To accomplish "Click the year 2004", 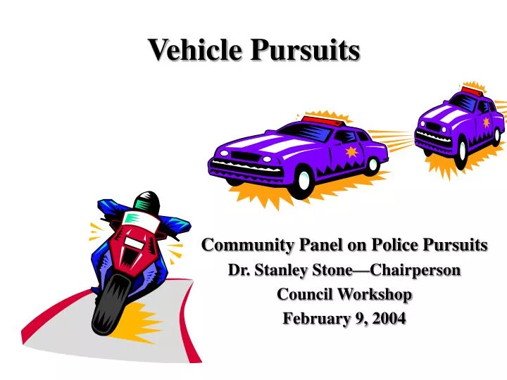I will pyautogui.click(x=390, y=318).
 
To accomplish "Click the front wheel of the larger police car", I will pyautogui.click(x=303, y=181).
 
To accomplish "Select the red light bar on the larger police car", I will pyautogui.click(x=323, y=122).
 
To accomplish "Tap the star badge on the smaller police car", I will pyautogui.click(x=486, y=122).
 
